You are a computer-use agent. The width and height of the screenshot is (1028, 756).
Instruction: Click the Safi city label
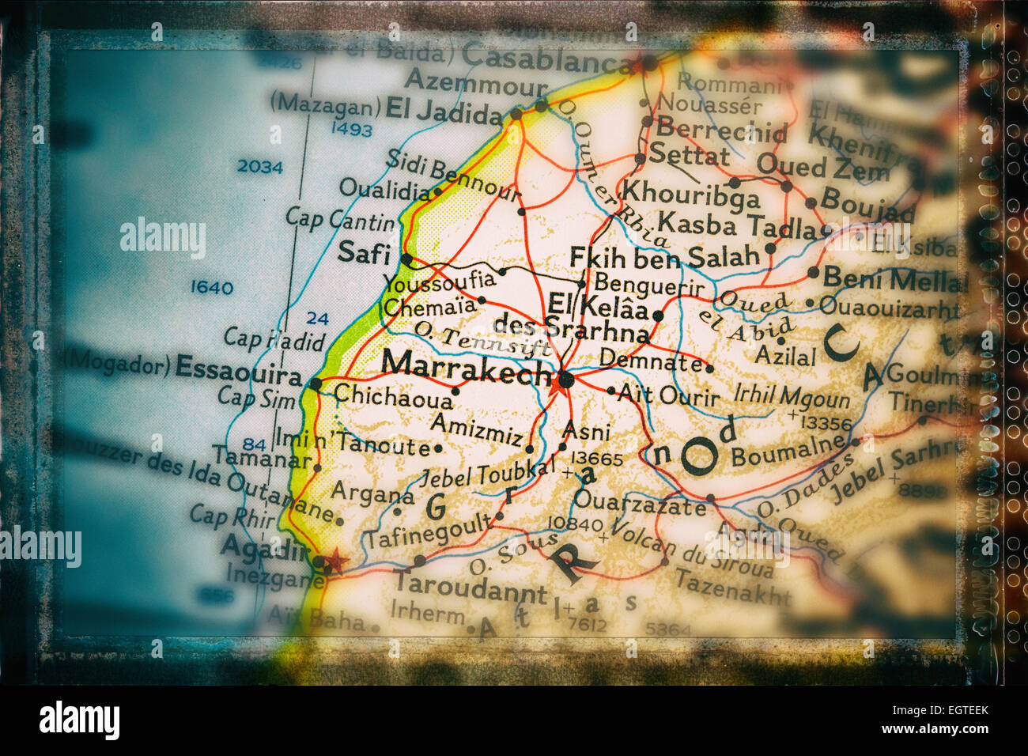[x=364, y=253]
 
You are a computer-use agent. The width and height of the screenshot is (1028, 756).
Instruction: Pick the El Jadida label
[x=443, y=111]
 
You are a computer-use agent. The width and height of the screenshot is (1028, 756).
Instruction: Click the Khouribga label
[x=690, y=194]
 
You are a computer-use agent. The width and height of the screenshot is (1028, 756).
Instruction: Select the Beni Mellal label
[x=894, y=279]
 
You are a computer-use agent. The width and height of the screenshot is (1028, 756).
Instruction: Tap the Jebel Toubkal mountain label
[x=487, y=472]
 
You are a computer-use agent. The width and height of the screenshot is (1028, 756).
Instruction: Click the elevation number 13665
[x=597, y=459]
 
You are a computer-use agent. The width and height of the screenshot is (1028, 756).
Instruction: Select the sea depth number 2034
[x=259, y=167]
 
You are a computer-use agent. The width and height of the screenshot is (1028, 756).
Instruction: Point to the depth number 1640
[x=212, y=287]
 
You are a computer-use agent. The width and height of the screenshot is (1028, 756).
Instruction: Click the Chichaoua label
[x=393, y=395]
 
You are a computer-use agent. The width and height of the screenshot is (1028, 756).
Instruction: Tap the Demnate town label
[x=650, y=361]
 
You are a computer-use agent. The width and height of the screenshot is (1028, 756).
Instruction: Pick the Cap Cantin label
[x=339, y=218]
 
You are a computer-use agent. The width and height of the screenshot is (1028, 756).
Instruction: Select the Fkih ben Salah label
[x=664, y=256]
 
